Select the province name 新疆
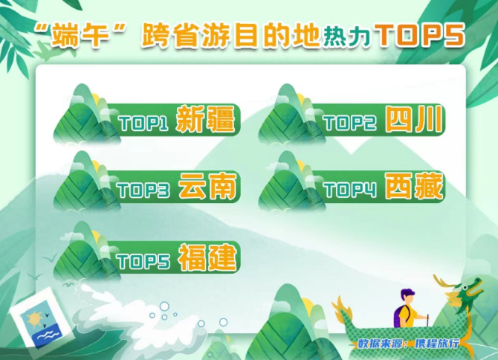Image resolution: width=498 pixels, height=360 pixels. [x=206, y=120]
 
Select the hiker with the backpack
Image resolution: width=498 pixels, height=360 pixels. [x=409, y=309]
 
